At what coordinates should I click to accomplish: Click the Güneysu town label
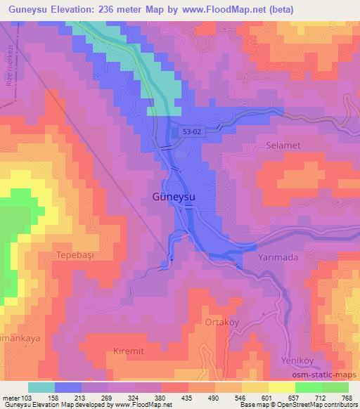tap(174, 197)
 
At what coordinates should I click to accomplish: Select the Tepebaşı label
tap(75, 255)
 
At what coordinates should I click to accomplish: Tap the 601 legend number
tap(265, 397)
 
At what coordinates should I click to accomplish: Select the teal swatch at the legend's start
tap(41, 387)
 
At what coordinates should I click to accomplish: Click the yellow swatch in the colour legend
tap(281, 387)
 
